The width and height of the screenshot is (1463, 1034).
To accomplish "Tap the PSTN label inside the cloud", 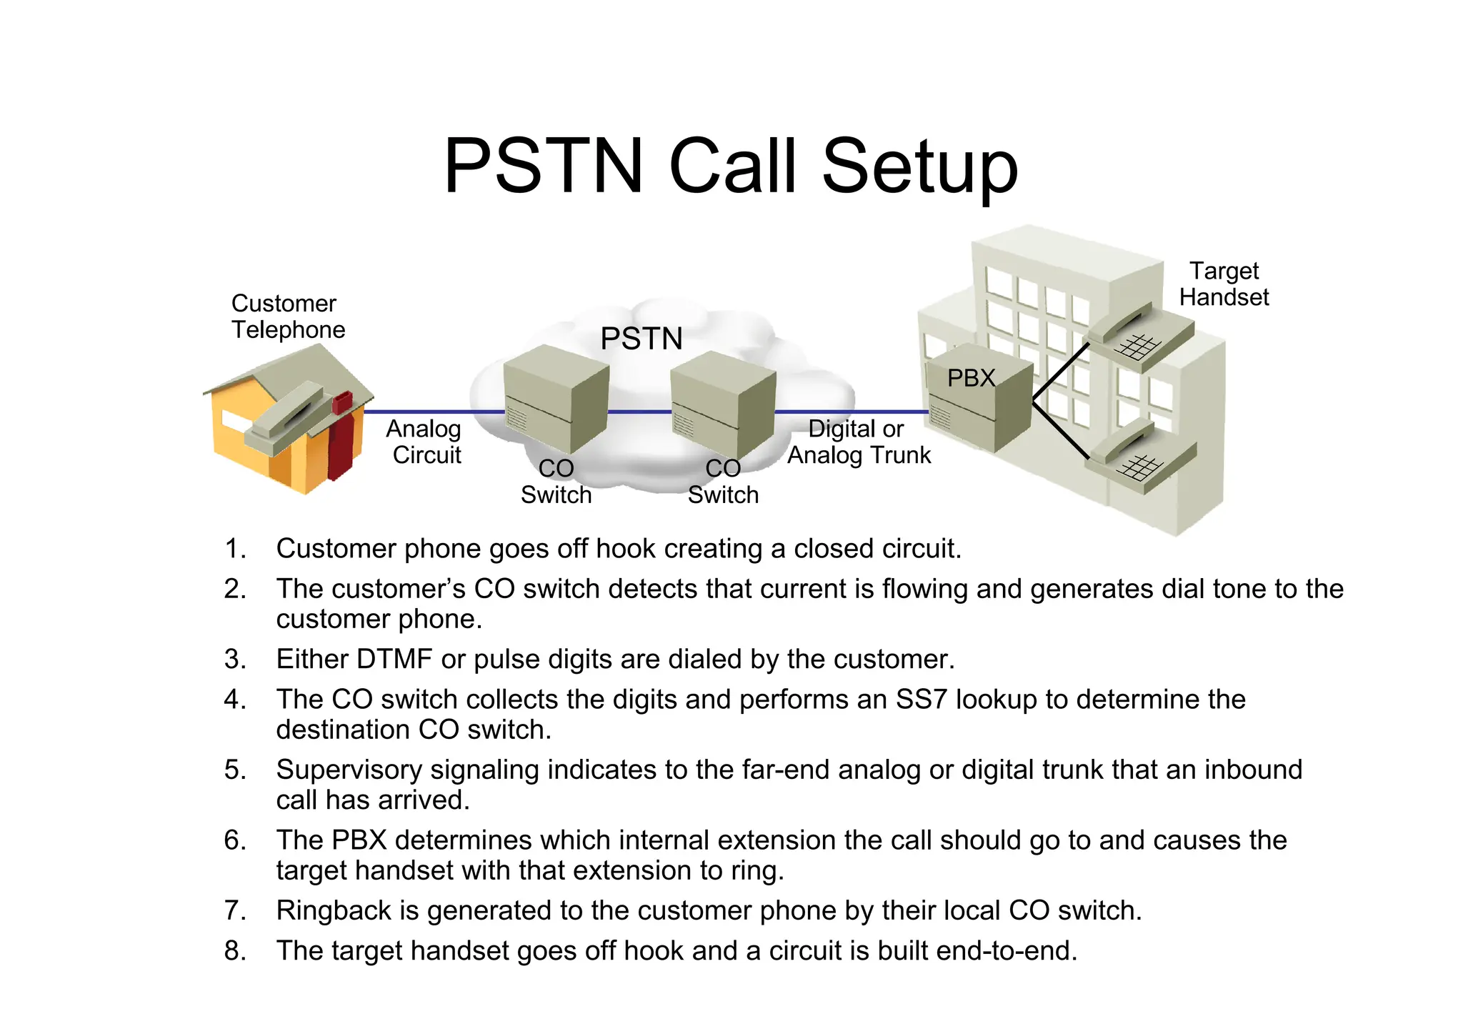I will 641,338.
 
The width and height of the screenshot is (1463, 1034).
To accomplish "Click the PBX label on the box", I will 971,377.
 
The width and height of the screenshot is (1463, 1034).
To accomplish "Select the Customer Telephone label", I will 287,317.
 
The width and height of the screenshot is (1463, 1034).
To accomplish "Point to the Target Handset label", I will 1224,284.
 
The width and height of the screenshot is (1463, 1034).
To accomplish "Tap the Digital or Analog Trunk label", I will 859,442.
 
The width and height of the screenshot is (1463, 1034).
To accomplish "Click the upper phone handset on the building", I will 1138,336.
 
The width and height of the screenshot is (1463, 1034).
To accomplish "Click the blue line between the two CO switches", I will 639,412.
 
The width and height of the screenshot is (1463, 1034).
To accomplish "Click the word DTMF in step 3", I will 394,659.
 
